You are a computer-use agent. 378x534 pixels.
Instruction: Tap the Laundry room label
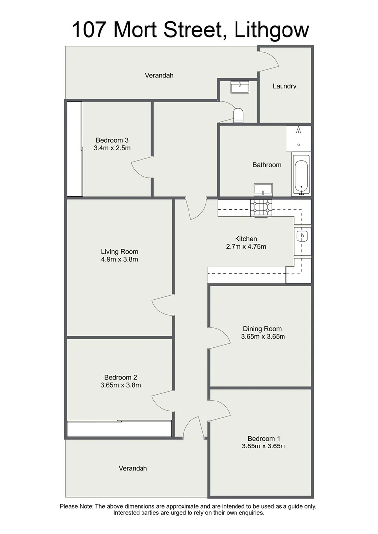[x=284, y=86]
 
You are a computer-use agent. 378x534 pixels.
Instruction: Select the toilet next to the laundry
[x=239, y=115]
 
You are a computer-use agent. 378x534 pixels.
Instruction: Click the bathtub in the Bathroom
[x=301, y=175]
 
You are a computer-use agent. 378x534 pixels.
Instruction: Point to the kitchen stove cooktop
[x=261, y=208]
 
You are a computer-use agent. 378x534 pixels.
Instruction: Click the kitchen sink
[x=303, y=236]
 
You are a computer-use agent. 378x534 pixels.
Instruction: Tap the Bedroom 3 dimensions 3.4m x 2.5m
[x=116, y=148]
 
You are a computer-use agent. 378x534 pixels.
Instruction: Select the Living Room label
[x=119, y=251]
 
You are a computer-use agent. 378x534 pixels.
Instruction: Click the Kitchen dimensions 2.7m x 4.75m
[x=246, y=247]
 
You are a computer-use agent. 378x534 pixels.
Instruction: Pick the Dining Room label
[x=262, y=329]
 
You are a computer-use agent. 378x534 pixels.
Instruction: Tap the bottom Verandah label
[x=133, y=468]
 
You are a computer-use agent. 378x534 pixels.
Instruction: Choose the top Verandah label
[x=159, y=76]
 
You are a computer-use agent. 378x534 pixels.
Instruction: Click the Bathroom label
[x=267, y=165]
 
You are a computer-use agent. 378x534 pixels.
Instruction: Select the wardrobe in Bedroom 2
[x=119, y=429]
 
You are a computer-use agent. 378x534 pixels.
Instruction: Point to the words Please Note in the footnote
[x=76, y=506]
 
